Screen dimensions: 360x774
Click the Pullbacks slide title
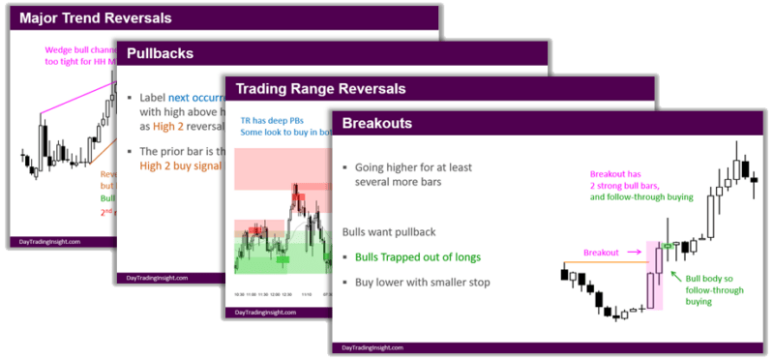(x=160, y=53)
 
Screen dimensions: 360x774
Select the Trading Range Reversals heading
(x=314, y=90)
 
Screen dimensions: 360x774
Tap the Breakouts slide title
(x=382, y=124)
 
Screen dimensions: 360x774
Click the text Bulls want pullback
(x=387, y=232)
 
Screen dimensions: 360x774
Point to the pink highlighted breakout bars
(x=654, y=276)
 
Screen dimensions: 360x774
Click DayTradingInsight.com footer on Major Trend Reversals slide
(x=53, y=242)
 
